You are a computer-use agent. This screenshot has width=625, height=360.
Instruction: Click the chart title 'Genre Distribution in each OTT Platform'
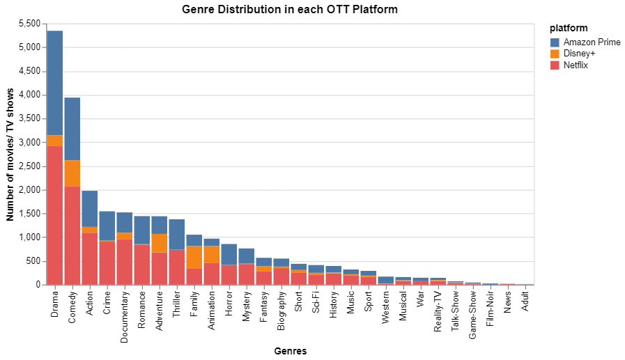coord(290,9)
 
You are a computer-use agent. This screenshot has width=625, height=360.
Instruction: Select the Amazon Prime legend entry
coord(592,42)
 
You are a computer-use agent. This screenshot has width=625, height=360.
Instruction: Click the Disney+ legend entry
coord(579,54)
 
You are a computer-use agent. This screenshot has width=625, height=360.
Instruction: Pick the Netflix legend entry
coord(576,65)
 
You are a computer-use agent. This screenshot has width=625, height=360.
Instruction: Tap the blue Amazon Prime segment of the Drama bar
coord(55,83)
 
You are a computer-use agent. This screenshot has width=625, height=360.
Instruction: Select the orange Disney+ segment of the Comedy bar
coord(72,173)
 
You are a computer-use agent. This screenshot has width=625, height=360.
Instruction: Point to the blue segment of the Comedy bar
coord(72,129)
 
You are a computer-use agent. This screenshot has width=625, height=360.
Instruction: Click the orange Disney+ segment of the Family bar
coord(194,257)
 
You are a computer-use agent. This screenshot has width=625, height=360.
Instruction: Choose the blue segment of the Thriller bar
coord(177,234)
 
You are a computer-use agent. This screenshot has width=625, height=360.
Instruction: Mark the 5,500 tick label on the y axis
coord(27,24)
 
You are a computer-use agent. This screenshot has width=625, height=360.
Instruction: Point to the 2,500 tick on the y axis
coord(27,166)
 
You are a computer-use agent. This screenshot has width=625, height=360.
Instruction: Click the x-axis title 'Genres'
coord(290,352)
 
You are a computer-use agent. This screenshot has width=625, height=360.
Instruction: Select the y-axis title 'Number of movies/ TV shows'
coord(10,155)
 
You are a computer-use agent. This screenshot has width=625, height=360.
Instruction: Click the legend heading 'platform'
coord(569,29)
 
